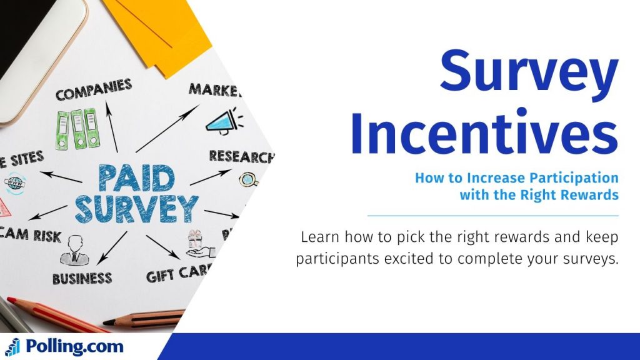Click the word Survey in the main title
528,71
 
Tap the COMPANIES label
93,91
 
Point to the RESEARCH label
241,156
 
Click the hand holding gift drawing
199,245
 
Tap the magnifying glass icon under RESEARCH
248,180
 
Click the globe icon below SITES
14,184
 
